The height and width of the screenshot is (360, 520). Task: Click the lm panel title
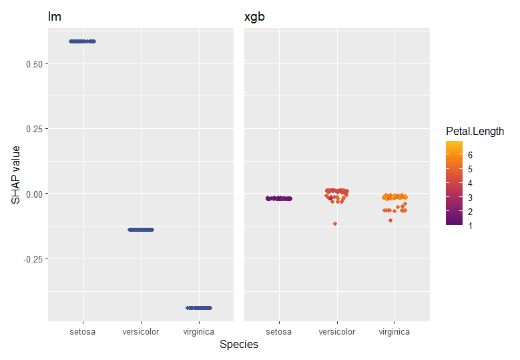[55, 17]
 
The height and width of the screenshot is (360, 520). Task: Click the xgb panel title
[254, 17]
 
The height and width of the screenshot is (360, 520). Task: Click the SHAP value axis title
[16, 175]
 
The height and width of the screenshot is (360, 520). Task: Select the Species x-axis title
[239, 345]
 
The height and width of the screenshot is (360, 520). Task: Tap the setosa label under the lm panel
[83, 331]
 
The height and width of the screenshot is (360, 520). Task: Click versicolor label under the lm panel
[141, 331]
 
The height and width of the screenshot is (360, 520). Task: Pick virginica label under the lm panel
[199, 331]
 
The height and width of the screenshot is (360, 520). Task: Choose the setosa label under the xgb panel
[279, 331]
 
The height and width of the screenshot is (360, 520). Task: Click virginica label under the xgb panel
[395, 331]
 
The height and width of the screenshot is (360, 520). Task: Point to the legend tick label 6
[470, 154]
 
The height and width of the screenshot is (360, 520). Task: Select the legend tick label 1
[470, 226]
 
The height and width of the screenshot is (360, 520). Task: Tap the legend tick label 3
[470, 197]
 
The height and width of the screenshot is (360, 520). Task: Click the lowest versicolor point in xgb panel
[335, 223]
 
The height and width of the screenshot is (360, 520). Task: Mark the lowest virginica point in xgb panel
[391, 220]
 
